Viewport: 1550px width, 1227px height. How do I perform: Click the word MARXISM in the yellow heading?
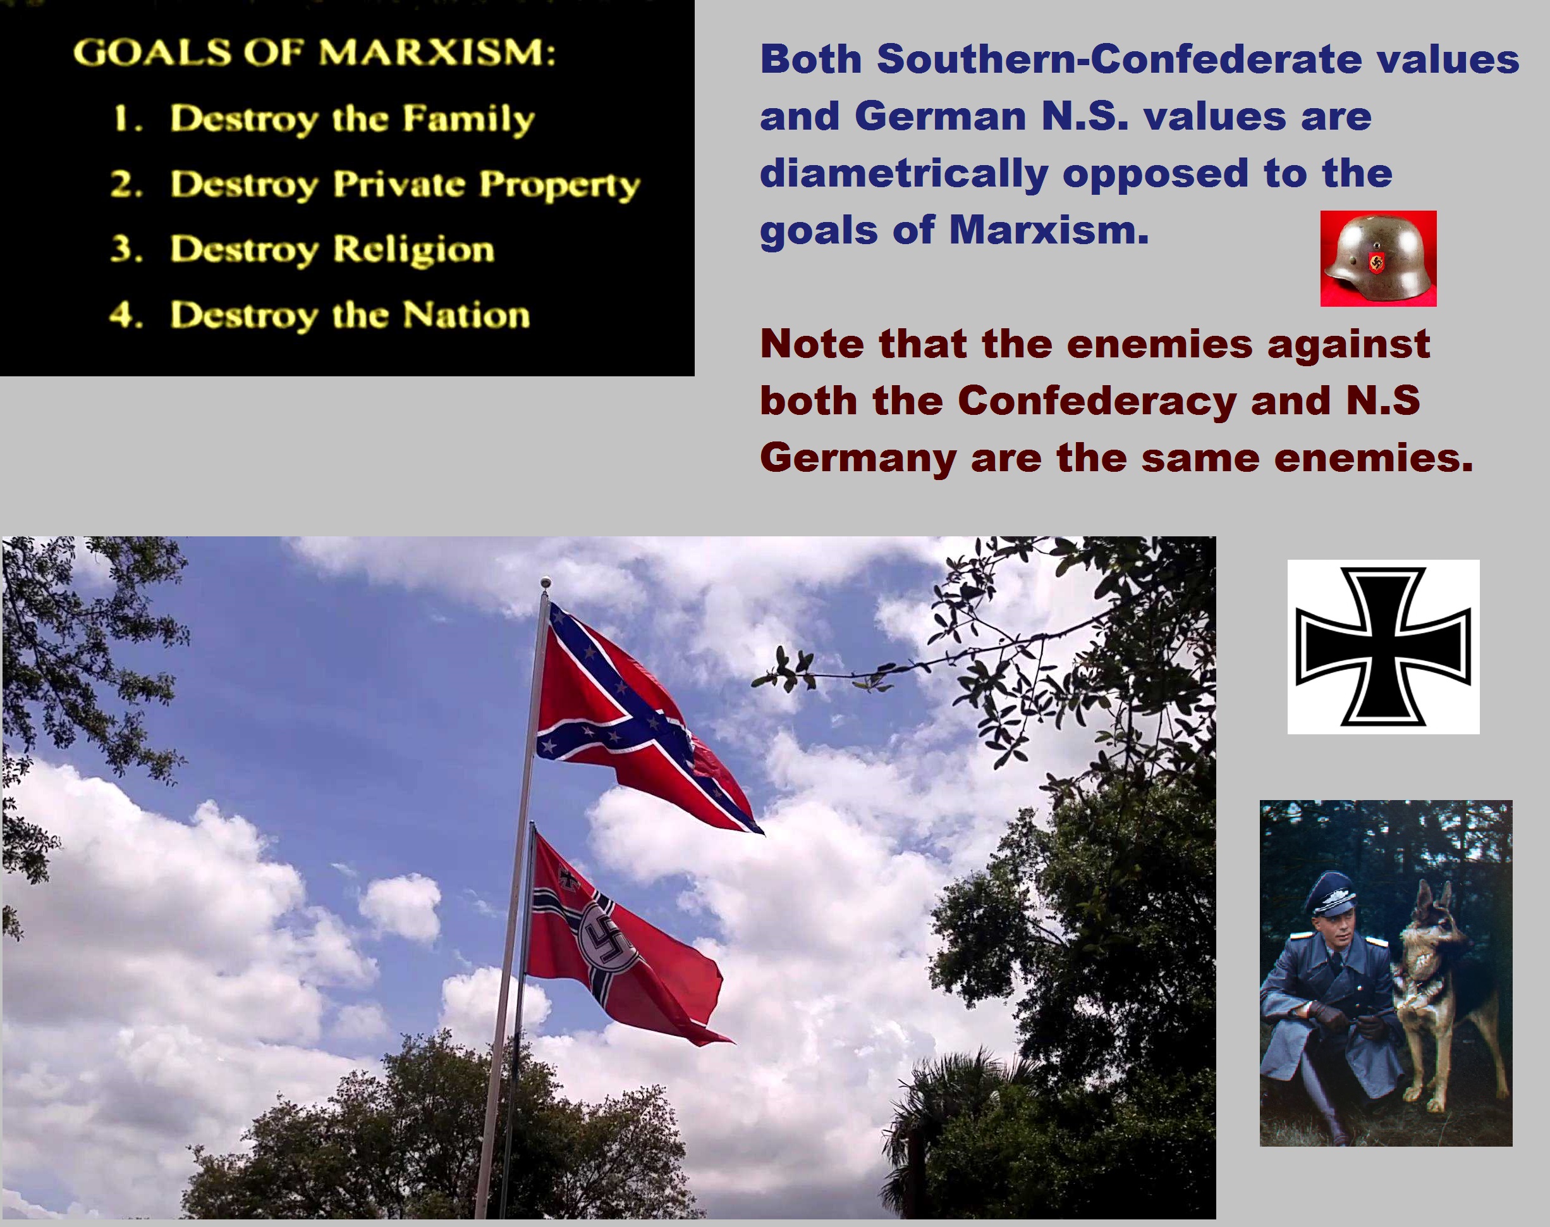[437, 52]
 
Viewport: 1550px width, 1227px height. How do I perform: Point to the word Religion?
[413, 250]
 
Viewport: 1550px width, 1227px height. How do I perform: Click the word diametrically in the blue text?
[905, 174]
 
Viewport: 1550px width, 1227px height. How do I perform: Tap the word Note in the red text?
[813, 343]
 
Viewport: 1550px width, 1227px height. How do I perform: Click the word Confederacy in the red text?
[1097, 400]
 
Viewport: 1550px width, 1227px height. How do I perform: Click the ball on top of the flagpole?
[546, 581]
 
